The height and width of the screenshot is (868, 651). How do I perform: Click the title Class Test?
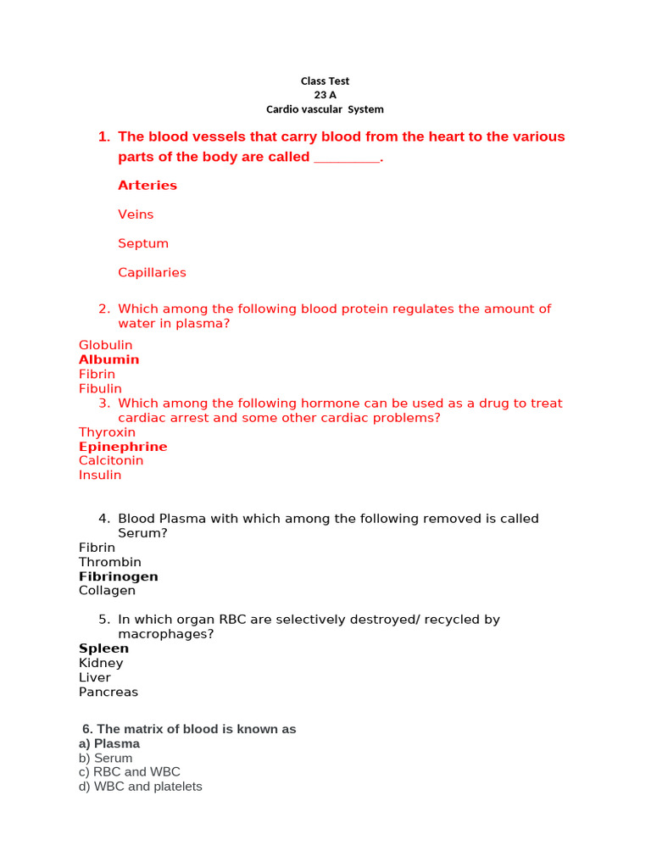click(x=325, y=81)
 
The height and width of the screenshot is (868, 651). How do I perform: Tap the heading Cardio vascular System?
click(x=325, y=109)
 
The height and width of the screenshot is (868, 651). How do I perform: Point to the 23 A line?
click(x=325, y=96)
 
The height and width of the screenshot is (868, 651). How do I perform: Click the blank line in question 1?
click(x=347, y=159)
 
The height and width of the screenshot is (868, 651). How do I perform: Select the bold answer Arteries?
click(x=147, y=186)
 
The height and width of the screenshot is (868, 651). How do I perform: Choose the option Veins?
click(x=136, y=214)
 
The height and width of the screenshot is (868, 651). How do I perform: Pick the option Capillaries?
click(x=152, y=272)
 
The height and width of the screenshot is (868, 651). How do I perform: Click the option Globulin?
click(x=105, y=345)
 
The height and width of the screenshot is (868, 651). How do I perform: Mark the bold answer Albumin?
click(x=108, y=359)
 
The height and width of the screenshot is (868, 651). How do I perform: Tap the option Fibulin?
click(x=100, y=389)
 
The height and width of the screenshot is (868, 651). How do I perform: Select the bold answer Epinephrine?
click(x=123, y=447)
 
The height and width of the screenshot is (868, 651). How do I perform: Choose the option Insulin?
click(x=100, y=475)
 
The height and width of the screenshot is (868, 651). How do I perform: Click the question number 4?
click(x=103, y=519)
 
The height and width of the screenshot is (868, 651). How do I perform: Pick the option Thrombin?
click(x=110, y=562)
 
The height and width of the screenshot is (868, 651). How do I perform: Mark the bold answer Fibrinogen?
click(x=118, y=576)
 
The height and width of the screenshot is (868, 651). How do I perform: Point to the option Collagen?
click(x=107, y=591)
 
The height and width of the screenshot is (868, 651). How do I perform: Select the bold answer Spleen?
click(x=103, y=648)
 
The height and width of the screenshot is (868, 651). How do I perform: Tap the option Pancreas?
click(x=108, y=692)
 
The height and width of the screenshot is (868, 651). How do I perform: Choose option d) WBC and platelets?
click(x=140, y=787)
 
